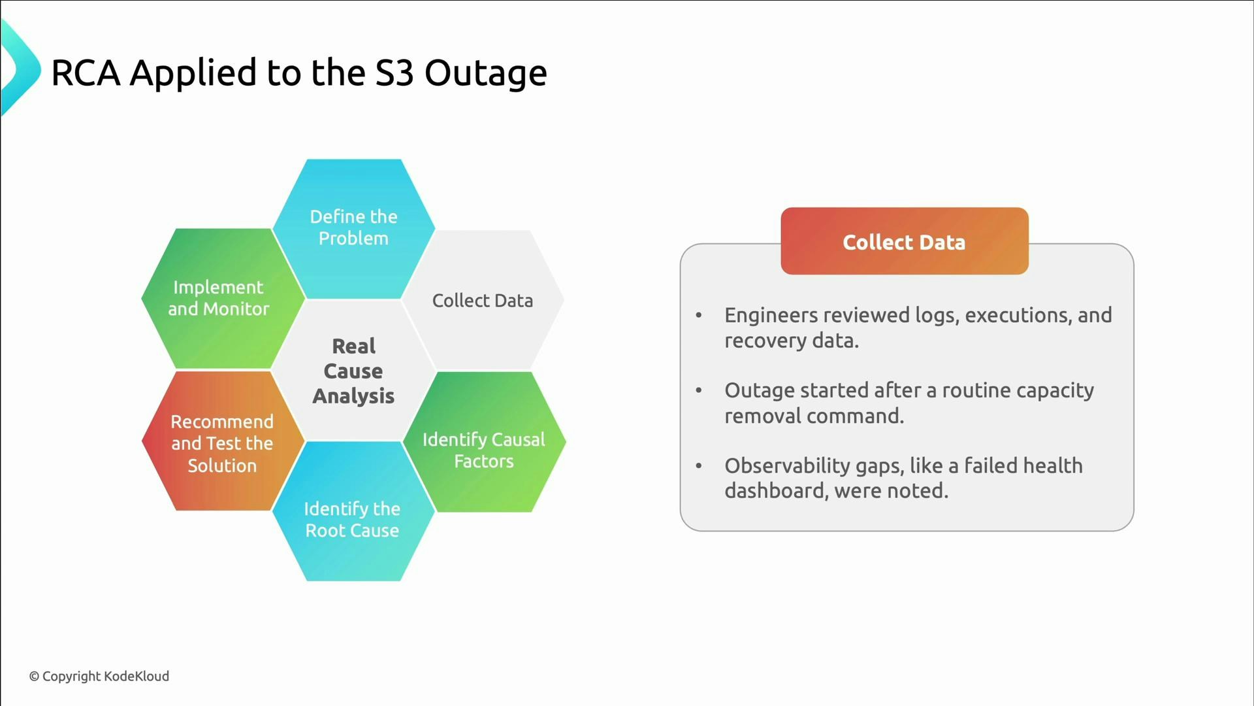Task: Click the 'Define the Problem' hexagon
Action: pos(353,228)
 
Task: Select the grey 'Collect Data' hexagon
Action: pos(483,301)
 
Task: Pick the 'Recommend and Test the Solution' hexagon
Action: pos(223,443)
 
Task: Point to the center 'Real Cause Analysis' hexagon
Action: pos(353,371)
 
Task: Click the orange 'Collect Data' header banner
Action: pos(904,241)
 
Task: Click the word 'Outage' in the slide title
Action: pos(485,73)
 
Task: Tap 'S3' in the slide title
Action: pos(394,73)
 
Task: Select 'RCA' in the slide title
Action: pos(86,73)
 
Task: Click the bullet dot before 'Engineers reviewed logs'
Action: pos(699,316)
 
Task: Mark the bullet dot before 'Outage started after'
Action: pos(699,391)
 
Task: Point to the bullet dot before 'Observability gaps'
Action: pos(699,466)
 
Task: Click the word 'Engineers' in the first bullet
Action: pos(771,316)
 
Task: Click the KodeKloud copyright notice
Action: pos(99,677)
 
